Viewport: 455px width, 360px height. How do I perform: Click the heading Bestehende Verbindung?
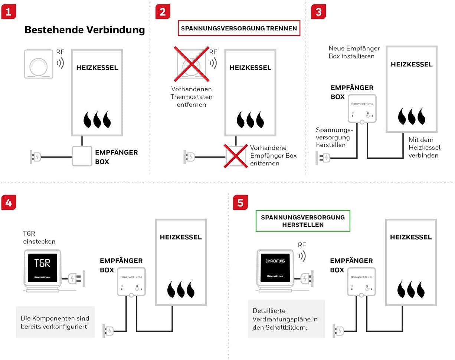(85, 30)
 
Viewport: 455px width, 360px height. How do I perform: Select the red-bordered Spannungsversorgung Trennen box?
(239, 28)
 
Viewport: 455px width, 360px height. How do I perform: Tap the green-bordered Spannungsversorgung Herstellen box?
(303, 221)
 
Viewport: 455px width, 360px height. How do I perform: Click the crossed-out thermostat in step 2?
(192, 64)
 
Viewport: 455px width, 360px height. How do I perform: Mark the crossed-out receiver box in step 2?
(236, 156)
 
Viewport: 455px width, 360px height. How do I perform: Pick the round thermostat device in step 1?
(39, 64)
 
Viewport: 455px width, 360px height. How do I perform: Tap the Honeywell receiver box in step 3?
(362, 108)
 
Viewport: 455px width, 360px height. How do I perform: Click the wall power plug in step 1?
(35, 157)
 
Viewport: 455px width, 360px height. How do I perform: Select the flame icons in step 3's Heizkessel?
(411, 116)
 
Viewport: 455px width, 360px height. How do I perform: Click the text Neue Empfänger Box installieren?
(354, 52)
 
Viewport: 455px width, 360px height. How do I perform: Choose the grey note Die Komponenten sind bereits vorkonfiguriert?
(55, 322)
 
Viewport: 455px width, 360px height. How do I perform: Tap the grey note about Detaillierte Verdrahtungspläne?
(286, 319)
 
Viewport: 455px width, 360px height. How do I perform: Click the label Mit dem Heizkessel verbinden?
(424, 148)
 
